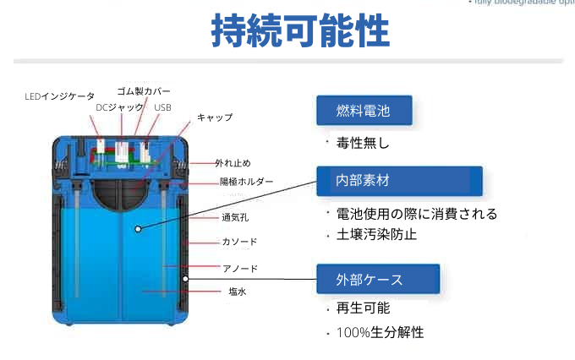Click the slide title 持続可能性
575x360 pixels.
click(x=299, y=31)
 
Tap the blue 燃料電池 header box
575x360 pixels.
click(x=364, y=111)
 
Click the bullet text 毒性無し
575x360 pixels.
click(x=363, y=144)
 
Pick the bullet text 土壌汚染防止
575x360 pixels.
click(x=376, y=234)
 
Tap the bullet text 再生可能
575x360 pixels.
click(x=363, y=308)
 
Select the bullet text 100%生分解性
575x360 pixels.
click(x=380, y=332)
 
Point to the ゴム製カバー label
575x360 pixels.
click(x=144, y=90)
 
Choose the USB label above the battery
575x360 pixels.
click(x=162, y=107)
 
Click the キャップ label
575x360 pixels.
click(x=215, y=117)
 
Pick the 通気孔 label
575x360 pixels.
click(x=235, y=217)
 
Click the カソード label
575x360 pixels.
click(x=239, y=243)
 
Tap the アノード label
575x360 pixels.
click(x=239, y=269)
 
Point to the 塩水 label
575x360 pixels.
click(x=237, y=292)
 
